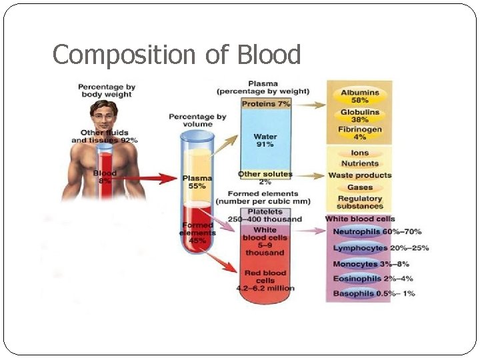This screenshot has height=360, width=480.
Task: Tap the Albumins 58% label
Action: pyautogui.click(x=360, y=97)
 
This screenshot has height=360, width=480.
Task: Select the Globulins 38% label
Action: pyautogui.click(x=360, y=117)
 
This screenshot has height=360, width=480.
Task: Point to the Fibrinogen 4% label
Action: pyautogui.click(x=360, y=133)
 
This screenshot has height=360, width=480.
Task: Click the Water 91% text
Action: pyautogui.click(x=265, y=141)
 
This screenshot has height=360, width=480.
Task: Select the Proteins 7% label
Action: pyautogui.click(x=265, y=105)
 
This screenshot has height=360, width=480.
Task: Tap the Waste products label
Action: pyautogui.click(x=360, y=175)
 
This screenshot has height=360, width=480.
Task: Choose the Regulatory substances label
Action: pyautogui.click(x=360, y=202)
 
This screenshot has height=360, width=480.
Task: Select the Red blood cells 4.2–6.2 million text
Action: pyautogui.click(x=265, y=281)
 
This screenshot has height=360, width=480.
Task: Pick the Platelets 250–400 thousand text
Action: pyautogui.click(x=265, y=215)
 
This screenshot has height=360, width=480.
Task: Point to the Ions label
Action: pyautogui.click(x=360, y=153)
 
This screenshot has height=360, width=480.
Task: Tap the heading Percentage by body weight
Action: pyautogui.click(x=107, y=91)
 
